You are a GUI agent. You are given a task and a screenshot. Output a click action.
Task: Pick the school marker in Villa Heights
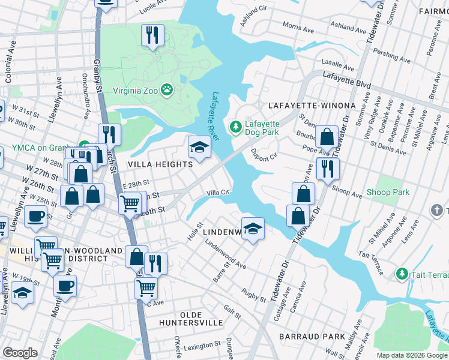(199, 146)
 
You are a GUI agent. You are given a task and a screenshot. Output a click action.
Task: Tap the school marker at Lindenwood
(253, 229)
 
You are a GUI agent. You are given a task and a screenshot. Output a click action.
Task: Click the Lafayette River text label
(216, 116)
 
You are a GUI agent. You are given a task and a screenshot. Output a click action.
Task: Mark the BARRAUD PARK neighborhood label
(312, 337)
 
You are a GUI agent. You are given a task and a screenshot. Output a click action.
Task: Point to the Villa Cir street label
(218, 193)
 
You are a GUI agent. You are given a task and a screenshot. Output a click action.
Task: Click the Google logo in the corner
(20, 353)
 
